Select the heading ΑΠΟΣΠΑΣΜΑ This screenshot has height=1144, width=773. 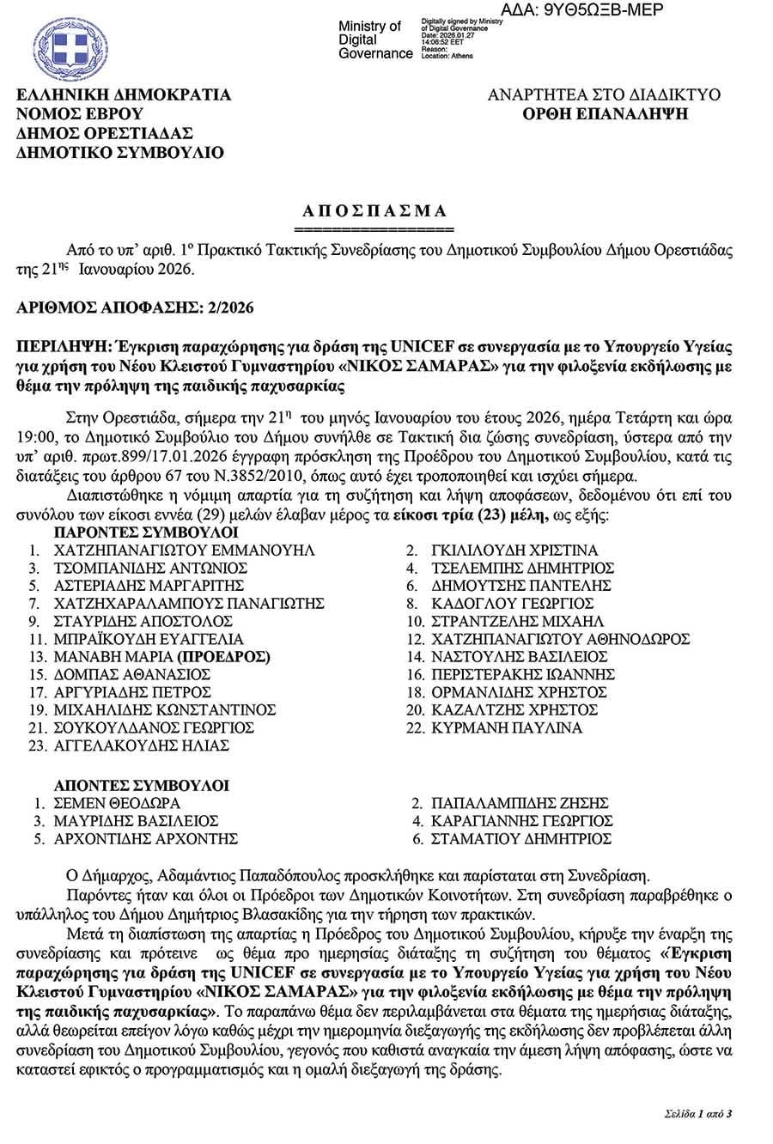point(374,210)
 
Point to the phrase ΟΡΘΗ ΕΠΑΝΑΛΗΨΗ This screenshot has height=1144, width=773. point(605,113)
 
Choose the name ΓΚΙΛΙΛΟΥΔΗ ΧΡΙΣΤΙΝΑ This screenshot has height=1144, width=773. point(514,551)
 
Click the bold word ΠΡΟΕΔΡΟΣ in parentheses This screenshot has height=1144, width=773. point(223,657)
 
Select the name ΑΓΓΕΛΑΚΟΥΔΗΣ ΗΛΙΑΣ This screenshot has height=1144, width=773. point(141,745)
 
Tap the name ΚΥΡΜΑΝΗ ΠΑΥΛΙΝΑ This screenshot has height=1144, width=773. point(507,727)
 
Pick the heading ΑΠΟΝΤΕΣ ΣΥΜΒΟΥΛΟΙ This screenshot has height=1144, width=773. point(141,785)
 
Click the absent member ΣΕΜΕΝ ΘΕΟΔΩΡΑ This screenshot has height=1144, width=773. point(117,803)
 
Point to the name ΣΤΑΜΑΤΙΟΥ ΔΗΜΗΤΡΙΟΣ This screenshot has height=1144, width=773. point(520,838)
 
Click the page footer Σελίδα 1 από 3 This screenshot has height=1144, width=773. point(697,1114)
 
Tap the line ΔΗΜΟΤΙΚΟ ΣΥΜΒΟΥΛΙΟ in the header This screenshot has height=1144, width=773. point(120,153)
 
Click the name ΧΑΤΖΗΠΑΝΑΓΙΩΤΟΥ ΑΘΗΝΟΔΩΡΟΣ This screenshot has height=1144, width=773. point(560,639)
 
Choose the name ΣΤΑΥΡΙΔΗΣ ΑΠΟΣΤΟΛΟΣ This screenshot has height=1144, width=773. point(143,621)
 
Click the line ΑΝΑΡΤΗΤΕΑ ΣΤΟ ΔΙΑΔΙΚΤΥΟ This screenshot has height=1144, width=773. point(604,94)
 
